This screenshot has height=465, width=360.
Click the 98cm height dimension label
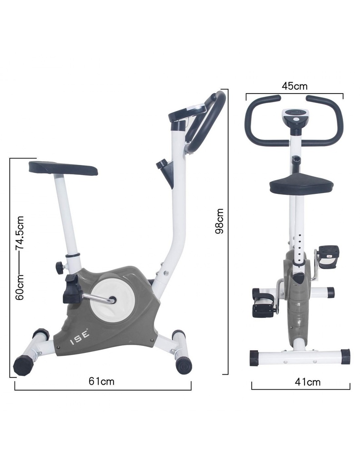point(220,221)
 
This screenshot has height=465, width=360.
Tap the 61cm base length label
point(101,381)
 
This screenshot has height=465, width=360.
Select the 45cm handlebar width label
point(295,86)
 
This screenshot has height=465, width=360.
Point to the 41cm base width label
point(308,381)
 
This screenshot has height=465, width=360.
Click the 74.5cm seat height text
point(20,232)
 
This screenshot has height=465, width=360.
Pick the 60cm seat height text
point(20,287)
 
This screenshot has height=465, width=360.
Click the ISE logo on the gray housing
point(80,338)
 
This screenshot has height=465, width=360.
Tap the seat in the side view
point(63,168)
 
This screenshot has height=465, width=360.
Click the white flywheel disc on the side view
point(113,300)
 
